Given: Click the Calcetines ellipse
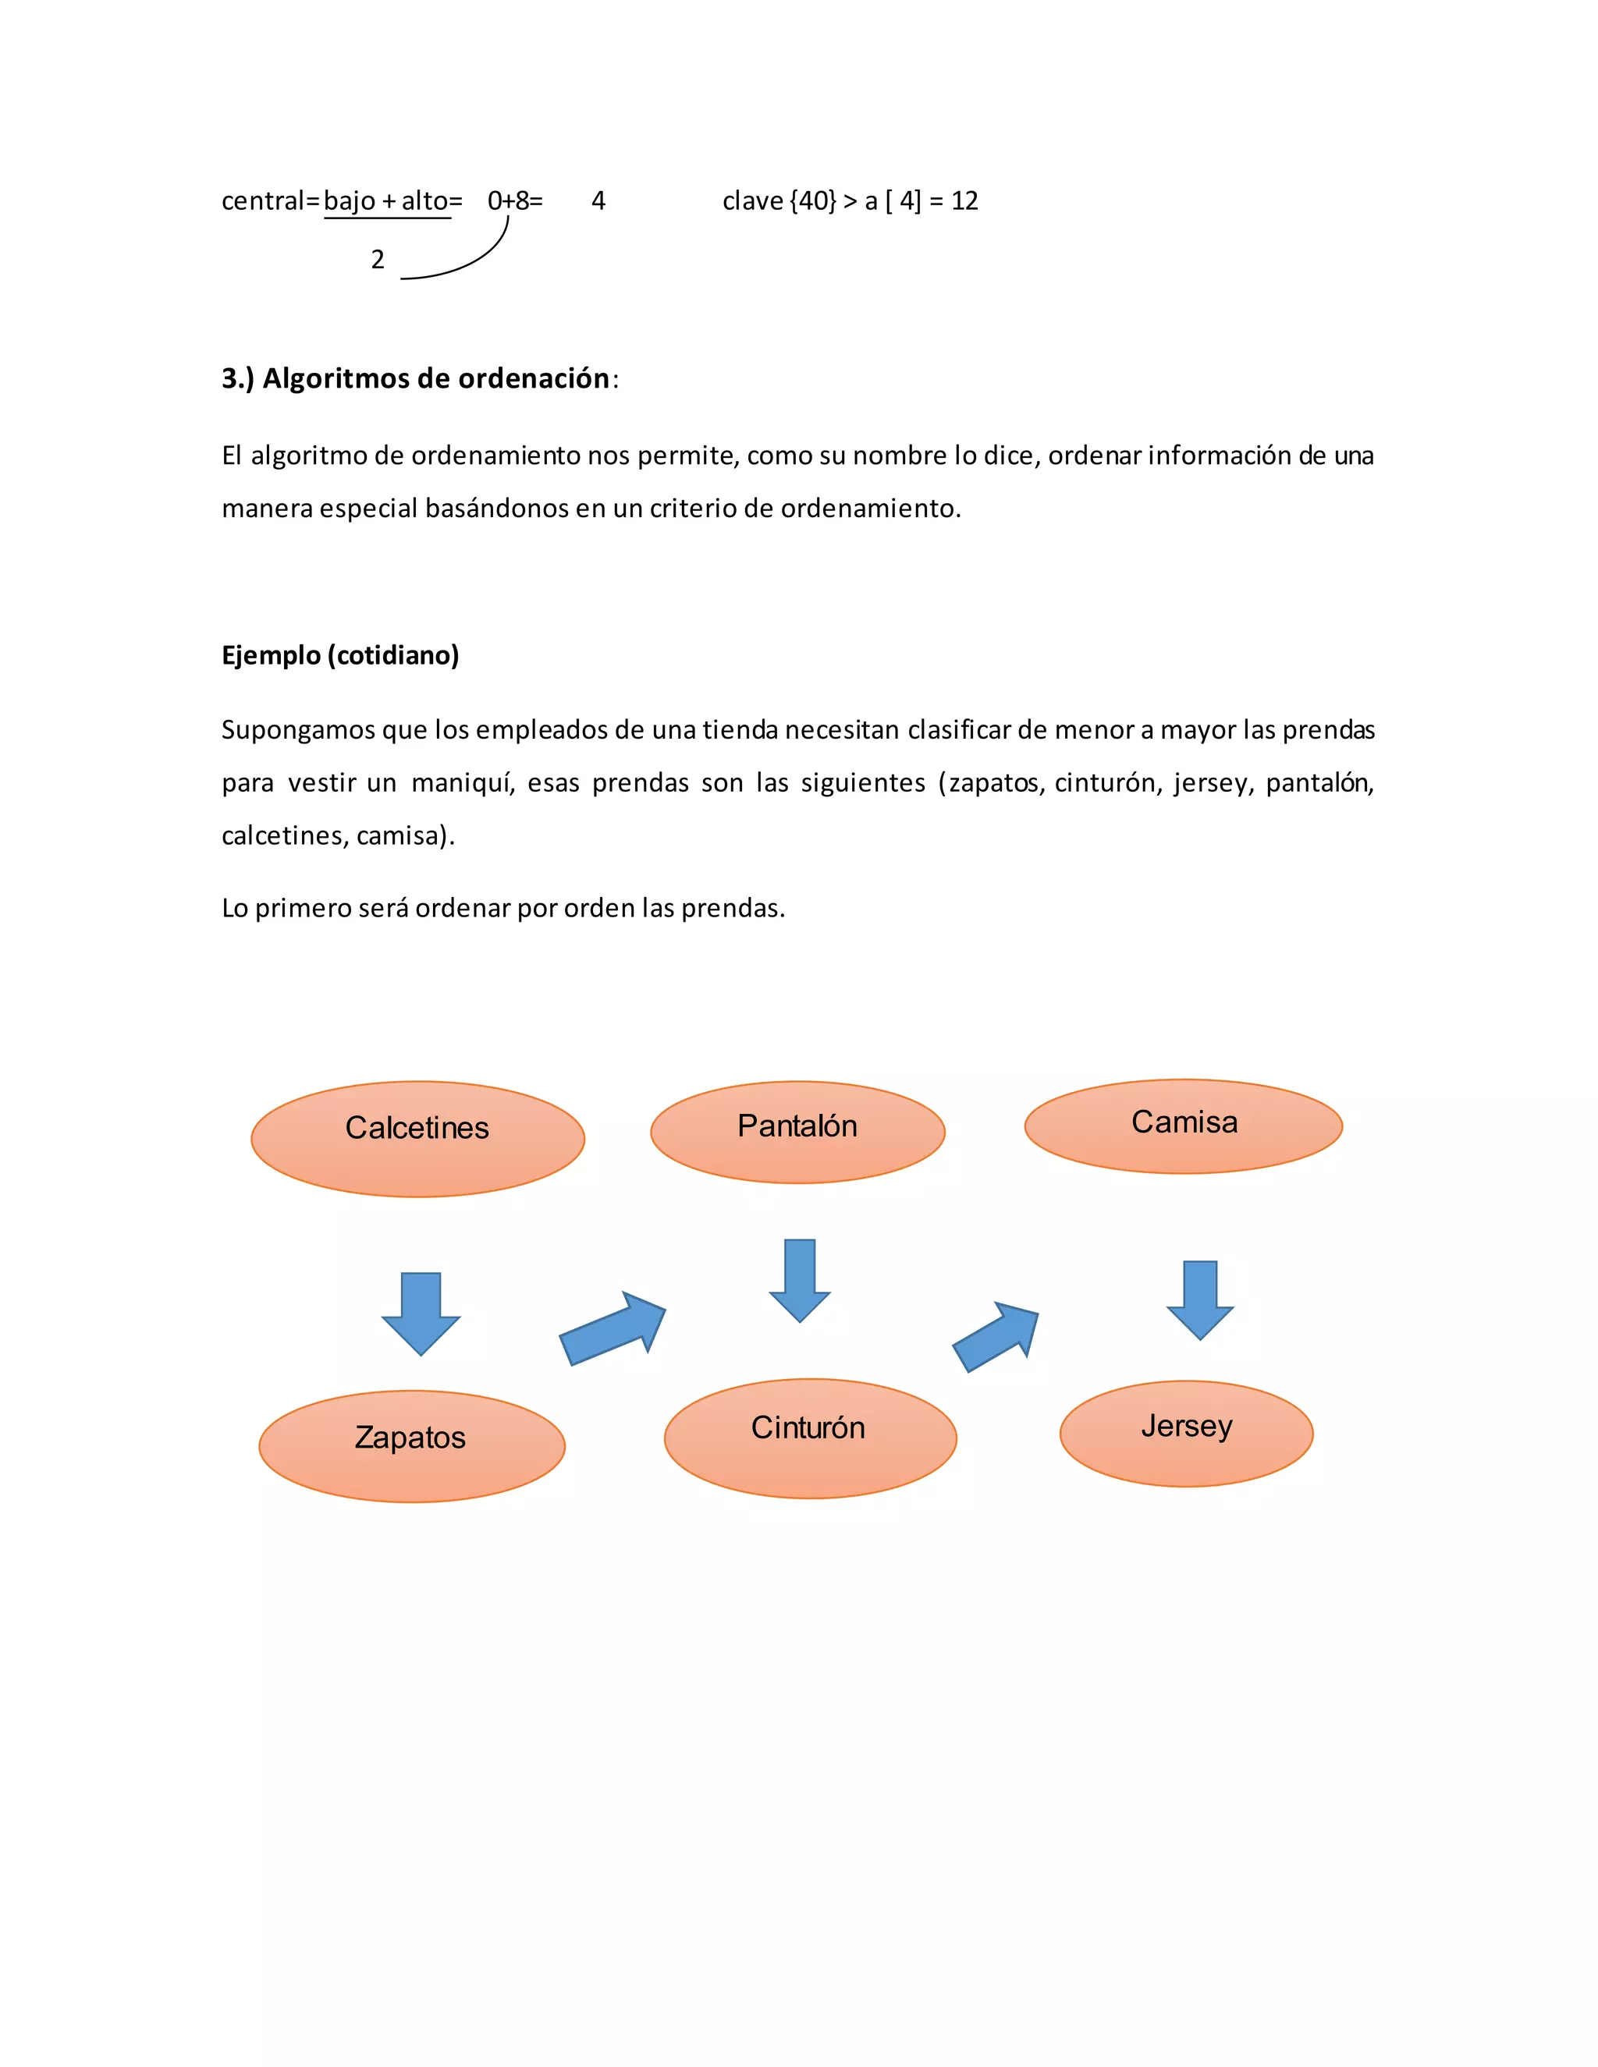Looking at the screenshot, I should coord(417,1139).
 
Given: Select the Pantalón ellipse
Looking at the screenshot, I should coord(797,1132).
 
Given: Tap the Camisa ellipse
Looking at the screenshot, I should coord(1184,1126).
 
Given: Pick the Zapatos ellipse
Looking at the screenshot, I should coord(412,1445).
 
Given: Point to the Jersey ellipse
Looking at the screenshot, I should coord(1186,1433).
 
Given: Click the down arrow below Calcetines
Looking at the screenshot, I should coord(421,1314).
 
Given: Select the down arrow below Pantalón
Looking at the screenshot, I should coord(800,1279).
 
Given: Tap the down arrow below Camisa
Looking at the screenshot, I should coord(1200,1299).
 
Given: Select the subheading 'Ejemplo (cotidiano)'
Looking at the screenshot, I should coord(340,655).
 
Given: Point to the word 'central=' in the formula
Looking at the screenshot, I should coord(269,200).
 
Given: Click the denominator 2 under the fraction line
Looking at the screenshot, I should coord(378,259).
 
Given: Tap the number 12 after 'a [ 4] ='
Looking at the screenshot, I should coord(964,200).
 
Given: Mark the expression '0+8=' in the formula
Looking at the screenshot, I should coord(515,200).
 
